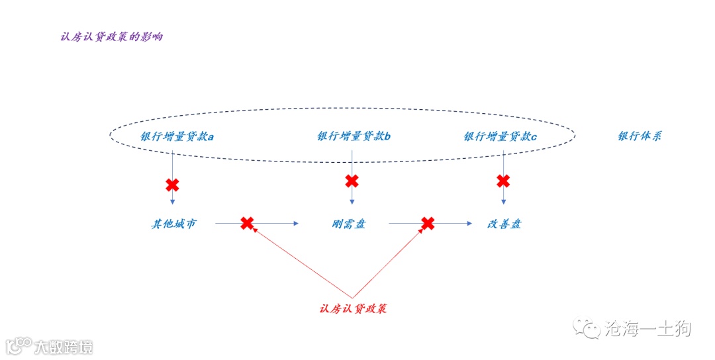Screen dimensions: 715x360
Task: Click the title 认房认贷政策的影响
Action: pos(111,37)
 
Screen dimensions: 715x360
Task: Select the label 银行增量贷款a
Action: pos(177,137)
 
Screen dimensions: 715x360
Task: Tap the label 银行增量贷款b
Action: pos(354,137)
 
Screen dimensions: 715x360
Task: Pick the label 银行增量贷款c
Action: pos(501,137)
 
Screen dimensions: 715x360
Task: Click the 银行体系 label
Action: pos(640,136)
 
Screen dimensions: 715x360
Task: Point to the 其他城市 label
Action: pos(173,224)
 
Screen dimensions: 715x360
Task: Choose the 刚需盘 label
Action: pos(349,224)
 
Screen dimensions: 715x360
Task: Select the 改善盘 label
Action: pos(504,224)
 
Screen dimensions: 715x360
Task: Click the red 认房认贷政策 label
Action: pos(352,309)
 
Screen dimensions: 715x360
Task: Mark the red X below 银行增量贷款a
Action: pos(172,185)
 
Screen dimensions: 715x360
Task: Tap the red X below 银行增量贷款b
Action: pos(352,181)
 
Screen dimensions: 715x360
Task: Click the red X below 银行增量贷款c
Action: pos(503,181)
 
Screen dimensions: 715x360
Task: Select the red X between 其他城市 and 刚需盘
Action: pos(247,223)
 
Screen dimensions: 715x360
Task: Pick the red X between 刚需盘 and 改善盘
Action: pos(428,223)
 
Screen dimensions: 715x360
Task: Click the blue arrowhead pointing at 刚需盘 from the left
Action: pos(297,224)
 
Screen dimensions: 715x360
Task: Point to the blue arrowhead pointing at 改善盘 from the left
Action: pos(469,224)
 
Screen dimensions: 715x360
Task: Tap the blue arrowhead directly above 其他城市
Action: pos(172,201)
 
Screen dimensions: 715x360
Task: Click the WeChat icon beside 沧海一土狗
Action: pos(588,328)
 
